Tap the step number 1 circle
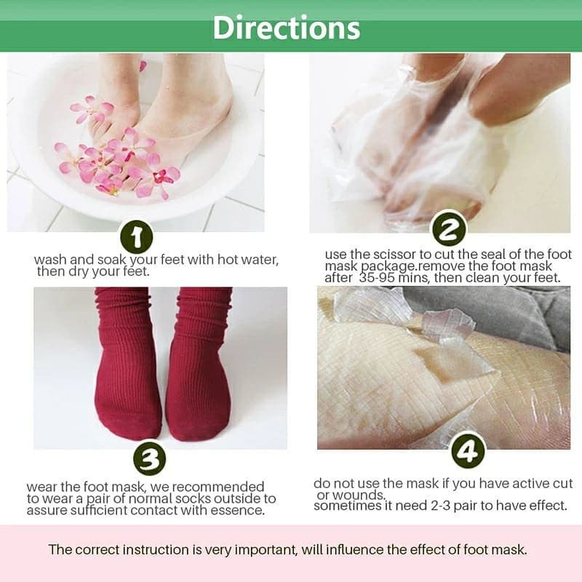[x=136, y=236]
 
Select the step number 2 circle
[x=449, y=231]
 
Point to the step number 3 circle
[x=149, y=459]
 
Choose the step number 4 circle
[x=467, y=452]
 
